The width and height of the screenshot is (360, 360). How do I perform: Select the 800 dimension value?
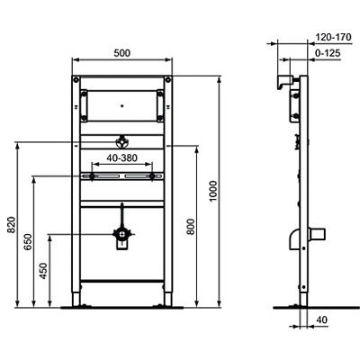(x=190, y=229)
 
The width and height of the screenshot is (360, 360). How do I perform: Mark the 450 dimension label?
(x=44, y=272)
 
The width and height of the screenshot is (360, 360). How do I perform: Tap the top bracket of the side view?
(x=285, y=84)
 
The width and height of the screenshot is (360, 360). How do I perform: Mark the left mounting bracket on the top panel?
(x=84, y=104)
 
